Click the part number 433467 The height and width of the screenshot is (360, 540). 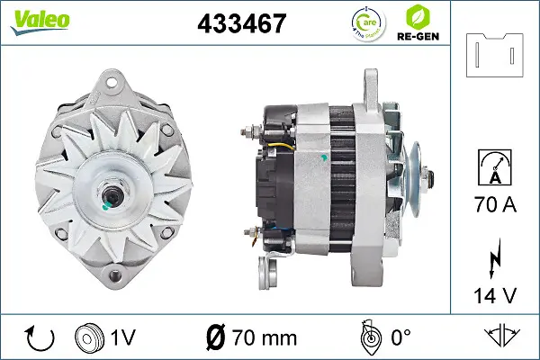point(241,22)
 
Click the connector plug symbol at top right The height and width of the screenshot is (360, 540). point(495,56)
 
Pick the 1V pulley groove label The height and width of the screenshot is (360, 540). point(123,339)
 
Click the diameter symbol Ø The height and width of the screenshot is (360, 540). point(217,339)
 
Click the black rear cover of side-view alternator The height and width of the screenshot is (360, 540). point(274,171)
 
